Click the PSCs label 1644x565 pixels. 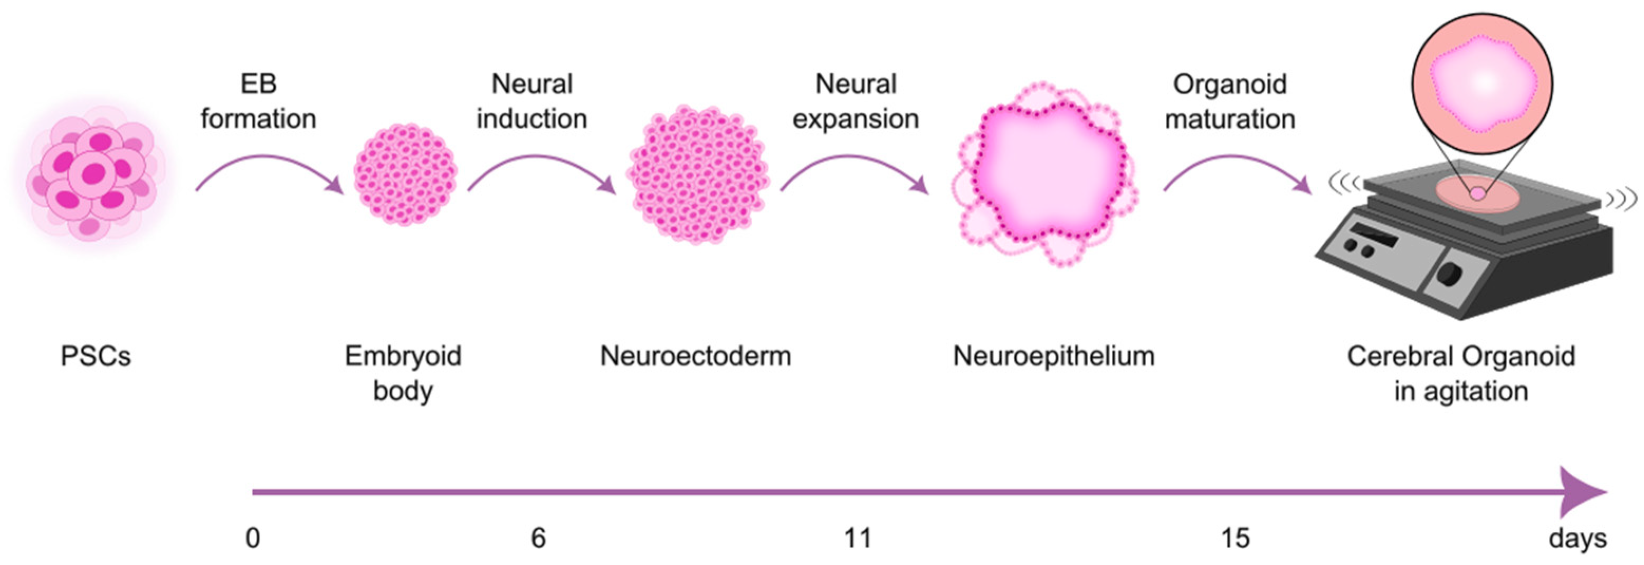pos(96,356)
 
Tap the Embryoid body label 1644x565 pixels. pos(403,373)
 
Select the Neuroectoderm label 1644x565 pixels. pos(696,356)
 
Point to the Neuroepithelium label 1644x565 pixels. pos(1053,356)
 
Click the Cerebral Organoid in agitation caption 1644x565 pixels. pos(1461,373)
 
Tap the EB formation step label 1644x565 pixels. pos(259,101)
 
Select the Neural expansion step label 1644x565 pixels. pos(856,101)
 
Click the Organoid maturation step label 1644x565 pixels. pos(1230,101)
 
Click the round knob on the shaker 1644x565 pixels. pos(1449,274)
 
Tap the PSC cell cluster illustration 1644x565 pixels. pos(94,175)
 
